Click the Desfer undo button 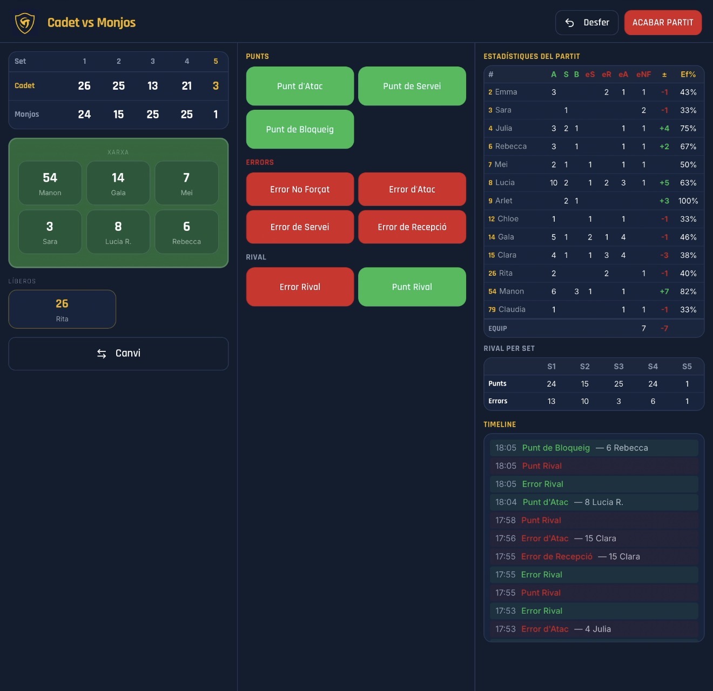[x=587, y=22]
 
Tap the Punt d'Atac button [x=300, y=86]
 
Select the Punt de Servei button [x=412, y=86]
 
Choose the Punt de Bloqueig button [x=300, y=129]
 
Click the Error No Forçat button [x=300, y=189]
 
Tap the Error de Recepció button [x=412, y=227]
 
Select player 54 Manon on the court [x=50, y=183]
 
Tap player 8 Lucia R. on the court [x=118, y=232]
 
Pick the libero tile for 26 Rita [x=62, y=309]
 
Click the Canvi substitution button [x=118, y=354]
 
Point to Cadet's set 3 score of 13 [x=152, y=86]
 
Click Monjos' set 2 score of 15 [x=118, y=115]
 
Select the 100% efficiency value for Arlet [x=688, y=201]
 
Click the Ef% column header [x=688, y=75]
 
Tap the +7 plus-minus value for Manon [x=664, y=291]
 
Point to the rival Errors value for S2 [x=584, y=401]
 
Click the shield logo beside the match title [x=25, y=23]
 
